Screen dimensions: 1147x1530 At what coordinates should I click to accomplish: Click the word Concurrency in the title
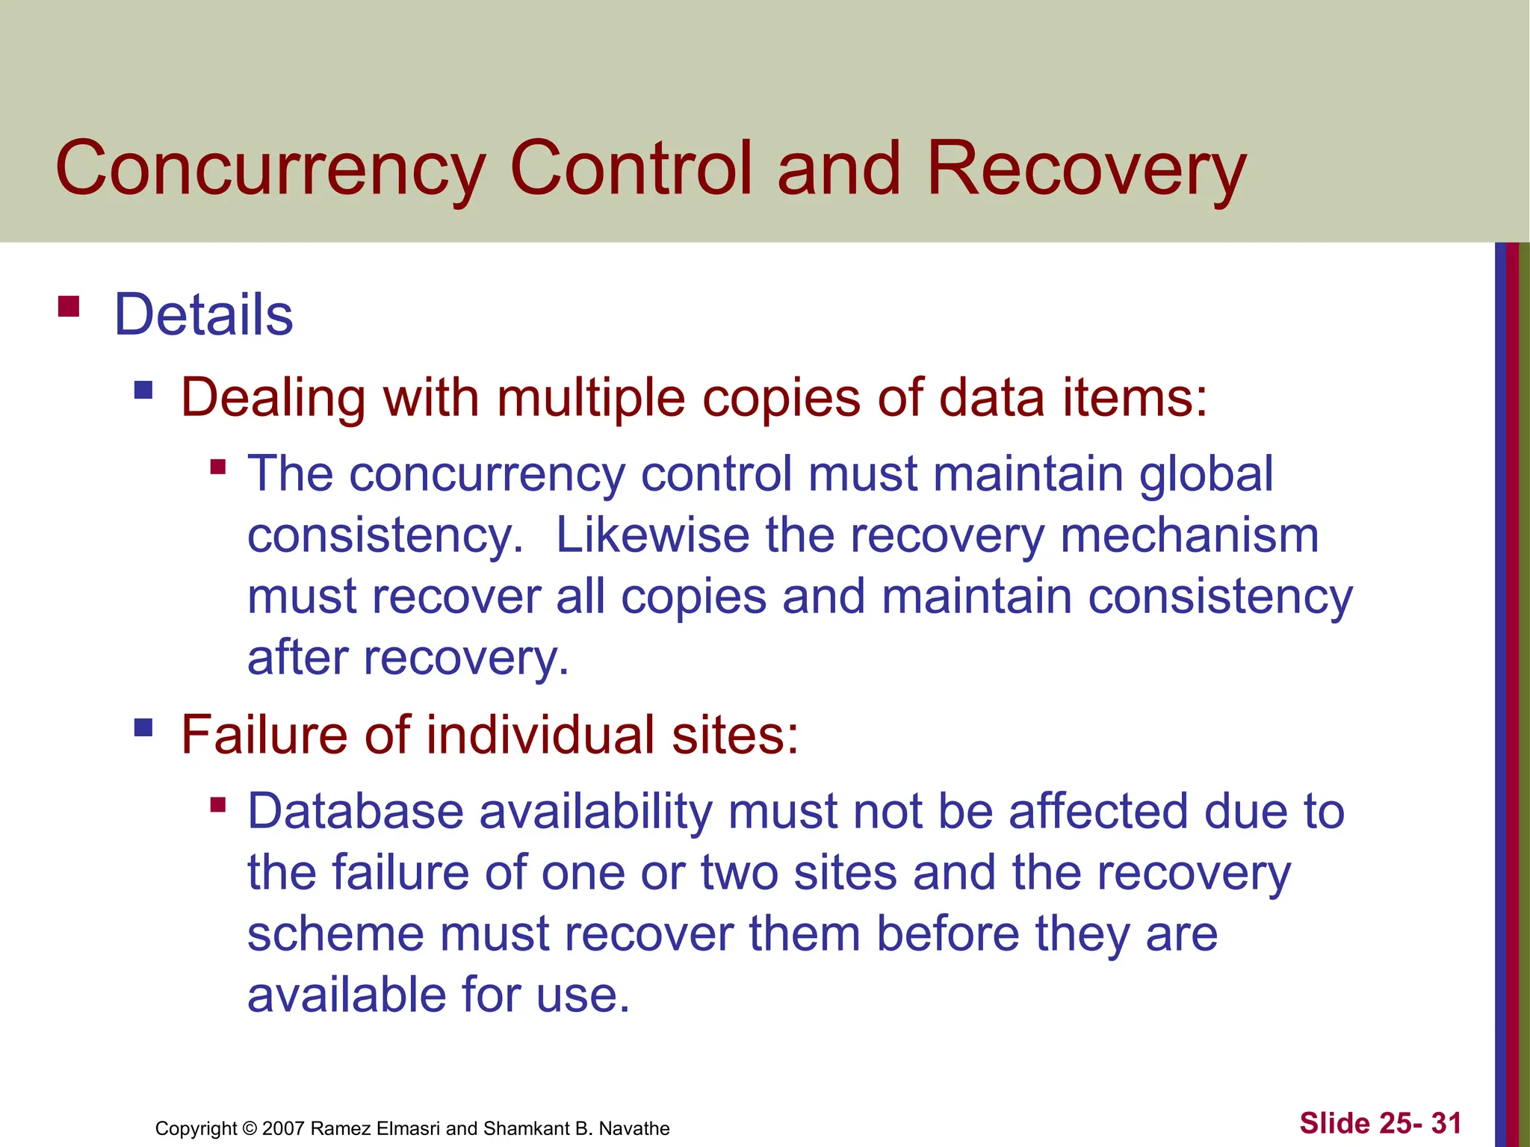tap(270, 170)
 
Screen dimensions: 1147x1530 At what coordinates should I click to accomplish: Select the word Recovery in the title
tap(1086, 170)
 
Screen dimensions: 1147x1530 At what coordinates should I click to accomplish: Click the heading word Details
tap(203, 315)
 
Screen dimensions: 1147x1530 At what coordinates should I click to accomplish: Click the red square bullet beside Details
tap(69, 307)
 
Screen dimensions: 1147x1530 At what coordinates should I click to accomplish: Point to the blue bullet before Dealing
tap(143, 390)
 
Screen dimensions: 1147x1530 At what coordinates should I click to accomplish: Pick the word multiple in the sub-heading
tap(591, 398)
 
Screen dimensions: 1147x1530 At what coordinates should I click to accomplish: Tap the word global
tap(1206, 475)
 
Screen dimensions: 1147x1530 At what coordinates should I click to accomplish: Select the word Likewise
tap(652, 535)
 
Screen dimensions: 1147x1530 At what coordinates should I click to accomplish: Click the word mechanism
tap(1189, 535)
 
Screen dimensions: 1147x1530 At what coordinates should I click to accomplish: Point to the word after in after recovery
tap(297, 658)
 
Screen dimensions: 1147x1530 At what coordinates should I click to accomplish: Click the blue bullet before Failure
tap(143, 727)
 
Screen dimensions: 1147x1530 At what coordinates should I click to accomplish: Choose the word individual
tap(541, 735)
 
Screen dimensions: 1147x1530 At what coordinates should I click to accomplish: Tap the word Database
tap(356, 812)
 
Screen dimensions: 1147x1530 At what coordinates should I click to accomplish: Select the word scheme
tap(335, 934)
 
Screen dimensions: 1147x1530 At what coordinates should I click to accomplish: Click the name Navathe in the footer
tap(634, 1128)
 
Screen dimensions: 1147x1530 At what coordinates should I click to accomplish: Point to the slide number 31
tap(1446, 1123)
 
